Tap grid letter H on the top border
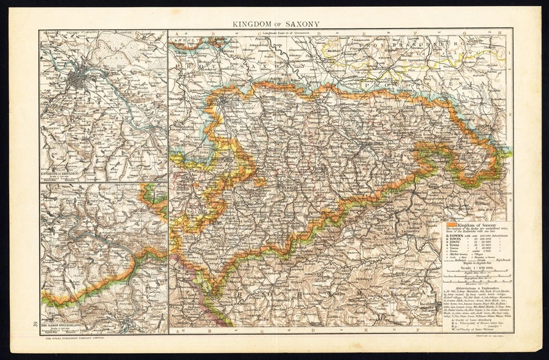tap(500, 33)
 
